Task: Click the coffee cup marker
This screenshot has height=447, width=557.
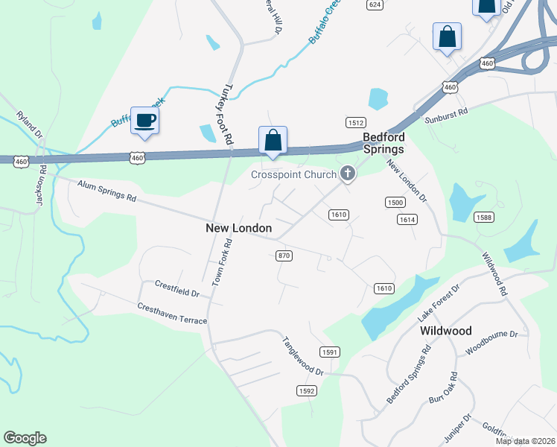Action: coord(144,121)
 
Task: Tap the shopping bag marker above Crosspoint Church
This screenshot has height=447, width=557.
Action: coord(273,140)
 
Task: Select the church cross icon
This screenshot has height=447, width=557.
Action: coord(346,174)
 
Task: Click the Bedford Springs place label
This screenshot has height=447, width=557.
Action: coord(383,143)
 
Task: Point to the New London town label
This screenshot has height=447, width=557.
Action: coord(238,228)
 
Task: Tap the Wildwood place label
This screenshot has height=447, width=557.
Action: coord(446,329)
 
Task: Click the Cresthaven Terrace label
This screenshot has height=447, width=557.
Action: coord(172,313)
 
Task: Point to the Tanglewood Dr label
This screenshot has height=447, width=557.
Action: coord(302,355)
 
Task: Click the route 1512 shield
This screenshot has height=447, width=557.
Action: coord(354,122)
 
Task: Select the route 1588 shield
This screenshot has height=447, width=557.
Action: coord(484,217)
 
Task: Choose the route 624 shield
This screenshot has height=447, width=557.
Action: coord(375,4)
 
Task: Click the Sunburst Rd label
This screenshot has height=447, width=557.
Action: coord(445,113)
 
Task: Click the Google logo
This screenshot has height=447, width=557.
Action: coord(25,438)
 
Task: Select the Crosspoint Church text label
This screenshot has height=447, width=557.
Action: coord(293,175)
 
